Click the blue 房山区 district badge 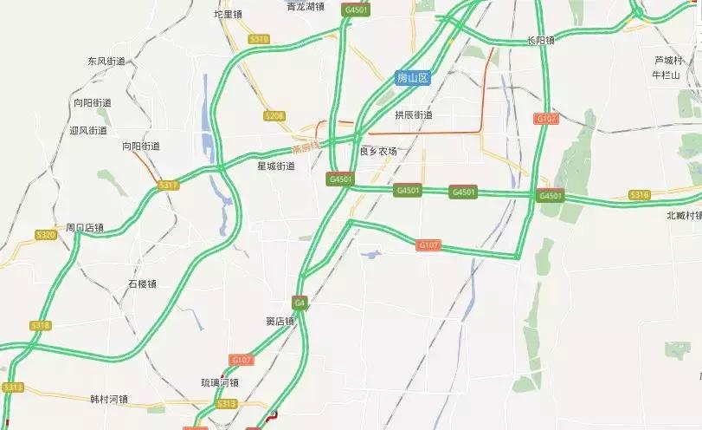click(x=413, y=78)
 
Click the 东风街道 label click(x=106, y=62)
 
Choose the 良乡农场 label click(x=378, y=152)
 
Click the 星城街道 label click(x=275, y=166)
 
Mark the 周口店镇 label click(x=84, y=228)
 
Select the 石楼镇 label click(x=142, y=283)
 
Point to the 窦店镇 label click(x=280, y=321)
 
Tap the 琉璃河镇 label click(x=219, y=381)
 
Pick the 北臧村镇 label click(x=684, y=215)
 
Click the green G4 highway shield click(x=299, y=303)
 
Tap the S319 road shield click(x=258, y=39)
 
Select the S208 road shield click(x=274, y=116)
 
